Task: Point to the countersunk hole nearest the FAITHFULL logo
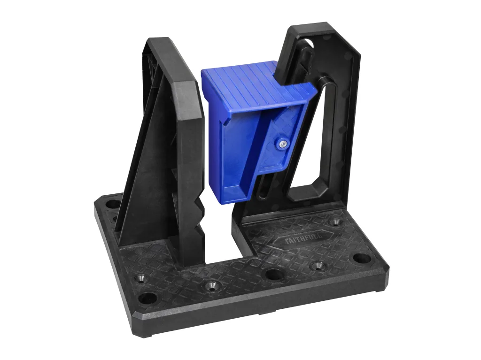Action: (x=335, y=222)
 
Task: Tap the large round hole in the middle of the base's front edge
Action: (x=274, y=274)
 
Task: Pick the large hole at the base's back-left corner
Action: (x=113, y=204)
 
